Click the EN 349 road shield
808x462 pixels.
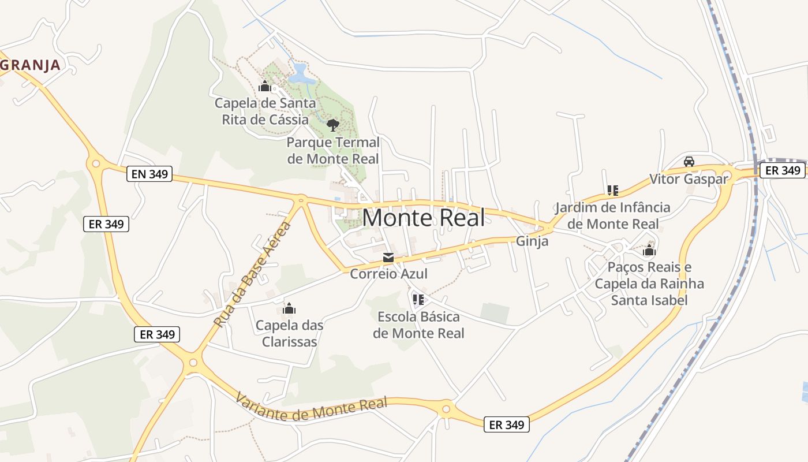point(149,173)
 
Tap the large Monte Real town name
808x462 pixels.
point(424,218)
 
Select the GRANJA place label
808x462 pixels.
point(30,65)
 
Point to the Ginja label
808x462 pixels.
point(532,241)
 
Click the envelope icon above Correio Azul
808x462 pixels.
point(388,258)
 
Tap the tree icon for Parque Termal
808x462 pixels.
point(332,125)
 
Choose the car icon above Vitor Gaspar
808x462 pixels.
point(689,162)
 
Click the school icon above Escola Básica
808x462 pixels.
point(418,299)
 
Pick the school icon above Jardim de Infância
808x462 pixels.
point(612,190)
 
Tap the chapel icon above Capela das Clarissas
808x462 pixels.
point(289,309)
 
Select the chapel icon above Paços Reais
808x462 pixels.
point(649,251)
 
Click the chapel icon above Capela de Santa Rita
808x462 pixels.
point(265,87)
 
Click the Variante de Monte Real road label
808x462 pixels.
point(311,408)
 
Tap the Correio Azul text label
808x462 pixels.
point(389,274)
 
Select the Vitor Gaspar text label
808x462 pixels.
point(689,178)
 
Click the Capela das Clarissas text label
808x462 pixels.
point(289,333)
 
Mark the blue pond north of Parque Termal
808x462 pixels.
point(300,73)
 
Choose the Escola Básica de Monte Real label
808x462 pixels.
point(418,325)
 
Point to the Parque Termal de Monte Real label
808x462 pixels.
point(333,150)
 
